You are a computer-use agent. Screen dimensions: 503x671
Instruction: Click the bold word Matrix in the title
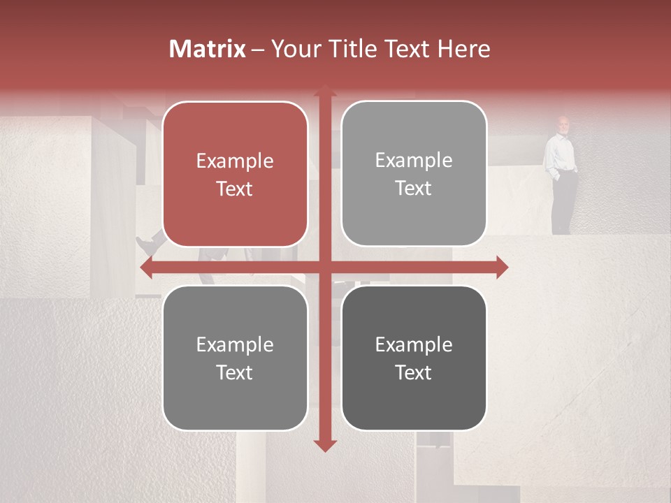[x=208, y=49]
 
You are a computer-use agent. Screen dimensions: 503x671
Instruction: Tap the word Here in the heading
[x=463, y=49]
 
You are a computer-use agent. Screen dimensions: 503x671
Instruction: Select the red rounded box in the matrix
[x=235, y=175]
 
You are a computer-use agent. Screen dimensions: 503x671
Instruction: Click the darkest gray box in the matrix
[x=414, y=358]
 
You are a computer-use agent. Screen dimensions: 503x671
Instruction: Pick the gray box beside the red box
[x=414, y=174]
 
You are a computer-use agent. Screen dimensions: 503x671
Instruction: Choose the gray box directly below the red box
[x=235, y=358]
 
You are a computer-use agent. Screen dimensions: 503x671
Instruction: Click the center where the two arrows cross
[x=324, y=267]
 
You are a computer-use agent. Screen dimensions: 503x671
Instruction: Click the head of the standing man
[x=563, y=124]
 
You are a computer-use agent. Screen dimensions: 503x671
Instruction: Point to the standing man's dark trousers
[x=563, y=203]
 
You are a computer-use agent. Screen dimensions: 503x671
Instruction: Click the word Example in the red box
[x=235, y=161]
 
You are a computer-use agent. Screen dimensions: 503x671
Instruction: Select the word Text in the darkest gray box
[x=414, y=372]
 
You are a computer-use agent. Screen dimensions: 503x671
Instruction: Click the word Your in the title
[x=295, y=49]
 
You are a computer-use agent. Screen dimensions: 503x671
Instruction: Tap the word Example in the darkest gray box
[x=414, y=344]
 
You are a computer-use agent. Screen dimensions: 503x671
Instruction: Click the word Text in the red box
[x=235, y=189]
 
